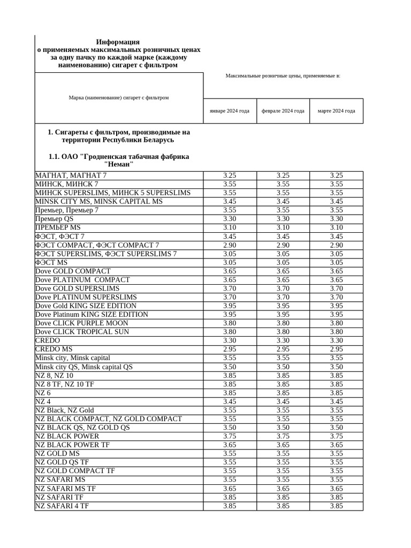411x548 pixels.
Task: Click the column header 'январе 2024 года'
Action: click(230, 111)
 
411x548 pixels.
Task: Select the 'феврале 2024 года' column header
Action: click(283, 111)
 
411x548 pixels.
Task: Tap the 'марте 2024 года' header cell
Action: click(336, 111)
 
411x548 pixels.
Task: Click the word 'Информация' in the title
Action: click(118, 42)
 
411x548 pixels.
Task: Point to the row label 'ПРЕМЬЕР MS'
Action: click(58, 227)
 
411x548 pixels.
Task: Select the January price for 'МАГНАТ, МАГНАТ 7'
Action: click(230, 176)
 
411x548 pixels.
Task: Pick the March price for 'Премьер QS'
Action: click(336, 219)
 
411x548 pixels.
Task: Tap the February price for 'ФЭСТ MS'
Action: click(283, 262)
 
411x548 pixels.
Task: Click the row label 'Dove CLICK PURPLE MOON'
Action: click(82, 323)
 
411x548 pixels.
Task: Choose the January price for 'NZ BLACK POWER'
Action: click(230, 436)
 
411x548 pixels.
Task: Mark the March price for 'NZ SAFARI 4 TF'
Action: click(336, 506)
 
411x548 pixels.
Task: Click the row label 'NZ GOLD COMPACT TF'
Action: click(75, 471)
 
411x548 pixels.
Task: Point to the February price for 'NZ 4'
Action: click(283, 401)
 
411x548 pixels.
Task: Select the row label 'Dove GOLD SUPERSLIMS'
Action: click(78, 288)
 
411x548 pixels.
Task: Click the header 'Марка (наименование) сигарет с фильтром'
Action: click(119, 97)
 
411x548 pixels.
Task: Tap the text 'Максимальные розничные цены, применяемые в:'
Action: click(283, 76)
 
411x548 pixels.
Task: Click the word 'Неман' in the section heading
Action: click(118, 164)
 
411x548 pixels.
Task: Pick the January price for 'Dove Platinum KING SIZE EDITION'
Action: click(230, 314)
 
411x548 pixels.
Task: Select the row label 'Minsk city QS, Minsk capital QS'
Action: click(84, 367)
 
